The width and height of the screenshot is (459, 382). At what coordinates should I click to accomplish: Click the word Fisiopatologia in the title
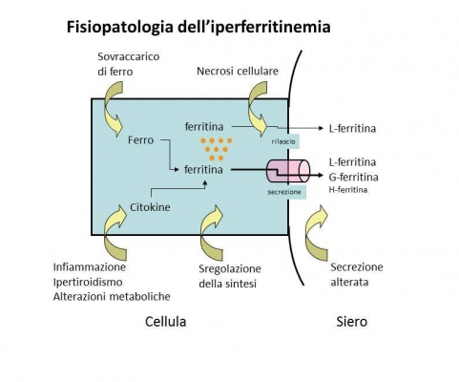tap(120, 27)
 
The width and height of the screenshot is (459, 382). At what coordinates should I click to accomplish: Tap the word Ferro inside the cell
tap(140, 140)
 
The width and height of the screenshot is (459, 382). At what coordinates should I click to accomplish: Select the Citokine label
tap(150, 207)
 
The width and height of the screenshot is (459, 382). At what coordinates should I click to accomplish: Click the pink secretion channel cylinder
tap(288, 171)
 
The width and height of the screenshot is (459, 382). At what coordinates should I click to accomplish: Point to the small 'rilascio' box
tap(283, 141)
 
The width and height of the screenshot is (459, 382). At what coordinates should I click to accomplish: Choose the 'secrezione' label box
tap(284, 192)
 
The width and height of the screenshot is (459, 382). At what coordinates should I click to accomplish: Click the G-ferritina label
tap(353, 177)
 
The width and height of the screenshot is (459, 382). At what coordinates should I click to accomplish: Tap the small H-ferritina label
tap(348, 190)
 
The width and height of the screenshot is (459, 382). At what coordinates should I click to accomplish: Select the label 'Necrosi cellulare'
tap(238, 71)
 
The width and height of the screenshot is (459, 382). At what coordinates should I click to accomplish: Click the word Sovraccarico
tap(128, 56)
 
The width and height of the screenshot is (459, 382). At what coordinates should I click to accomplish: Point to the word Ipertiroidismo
tap(88, 282)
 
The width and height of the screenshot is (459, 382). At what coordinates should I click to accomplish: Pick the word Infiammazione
tap(90, 266)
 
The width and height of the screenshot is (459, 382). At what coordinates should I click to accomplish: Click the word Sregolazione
tap(230, 269)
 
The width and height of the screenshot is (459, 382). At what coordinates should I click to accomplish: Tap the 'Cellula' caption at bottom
tap(165, 322)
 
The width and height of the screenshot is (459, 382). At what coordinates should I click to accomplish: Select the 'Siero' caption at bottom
tap(351, 322)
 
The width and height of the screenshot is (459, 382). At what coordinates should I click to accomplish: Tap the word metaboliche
tap(139, 297)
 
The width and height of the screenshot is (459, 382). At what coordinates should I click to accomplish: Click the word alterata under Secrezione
tap(349, 282)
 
